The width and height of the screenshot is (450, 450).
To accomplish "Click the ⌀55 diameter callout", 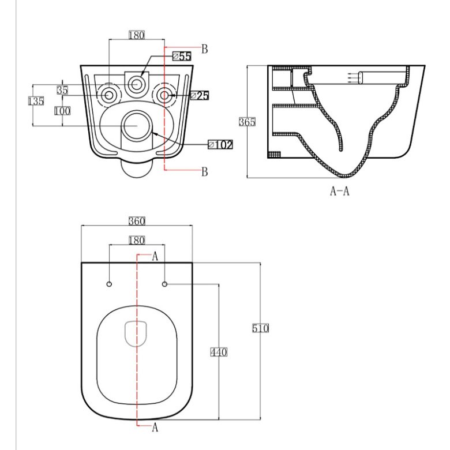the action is (182, 57).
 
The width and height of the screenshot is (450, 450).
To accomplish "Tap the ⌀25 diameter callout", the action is (200, 96).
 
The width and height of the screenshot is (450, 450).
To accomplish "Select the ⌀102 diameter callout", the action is (220, 145).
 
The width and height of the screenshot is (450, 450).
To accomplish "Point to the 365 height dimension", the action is (247, 122).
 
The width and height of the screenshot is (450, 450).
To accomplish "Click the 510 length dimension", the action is (260, 328).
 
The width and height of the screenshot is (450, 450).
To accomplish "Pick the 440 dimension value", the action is (219, 352).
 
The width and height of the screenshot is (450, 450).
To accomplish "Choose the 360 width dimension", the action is (137, 221).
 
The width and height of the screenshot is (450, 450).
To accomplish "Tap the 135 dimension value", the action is (36, 101).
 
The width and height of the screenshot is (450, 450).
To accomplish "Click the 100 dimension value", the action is (62, 111).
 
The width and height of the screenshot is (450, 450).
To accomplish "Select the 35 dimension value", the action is (62, 90).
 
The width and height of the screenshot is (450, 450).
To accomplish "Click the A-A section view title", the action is (340, 191).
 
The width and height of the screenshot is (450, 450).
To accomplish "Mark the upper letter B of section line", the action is (204, 49).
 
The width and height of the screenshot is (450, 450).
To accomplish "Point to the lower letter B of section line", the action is (204, 171).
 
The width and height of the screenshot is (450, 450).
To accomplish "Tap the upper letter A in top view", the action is (155, 256).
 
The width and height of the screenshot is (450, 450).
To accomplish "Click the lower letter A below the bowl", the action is (155, 427).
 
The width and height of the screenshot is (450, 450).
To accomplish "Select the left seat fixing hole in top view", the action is (109, 284).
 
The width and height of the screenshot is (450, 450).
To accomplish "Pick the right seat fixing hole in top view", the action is (165, 284).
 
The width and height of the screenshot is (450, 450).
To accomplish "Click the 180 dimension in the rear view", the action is (137, 35).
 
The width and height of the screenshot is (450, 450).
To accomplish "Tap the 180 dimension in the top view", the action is (137, 240).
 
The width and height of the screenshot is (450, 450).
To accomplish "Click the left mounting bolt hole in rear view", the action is (109, 95).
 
